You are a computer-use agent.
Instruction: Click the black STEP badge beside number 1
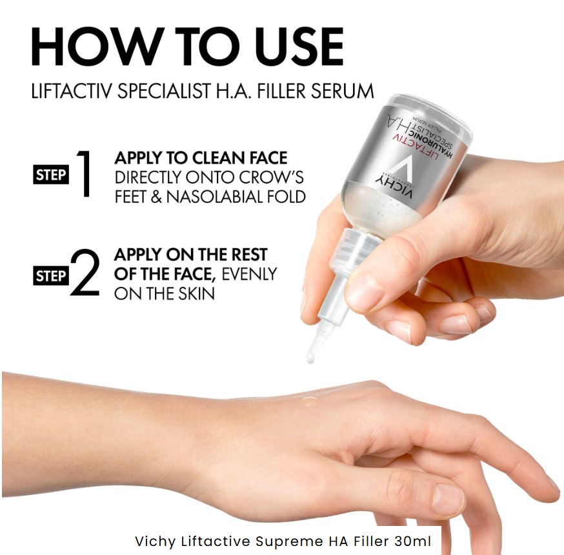point(50,175)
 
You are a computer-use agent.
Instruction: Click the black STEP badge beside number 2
point(50,277)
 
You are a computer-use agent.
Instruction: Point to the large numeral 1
point(83,174)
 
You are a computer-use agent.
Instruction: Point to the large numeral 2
point(85,276)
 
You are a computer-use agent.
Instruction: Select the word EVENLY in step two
point(249,274)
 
